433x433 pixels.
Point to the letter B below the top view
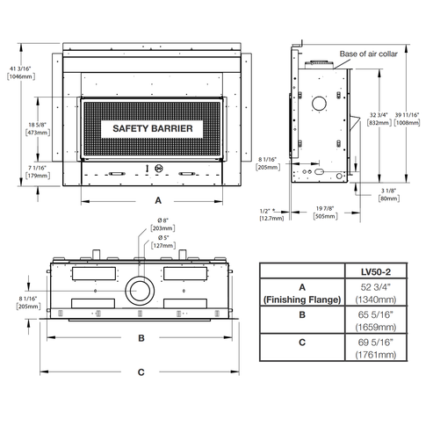tap(141, 337)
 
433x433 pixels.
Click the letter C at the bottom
tap(141, 372)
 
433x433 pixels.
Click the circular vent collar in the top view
tap(140, 289)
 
